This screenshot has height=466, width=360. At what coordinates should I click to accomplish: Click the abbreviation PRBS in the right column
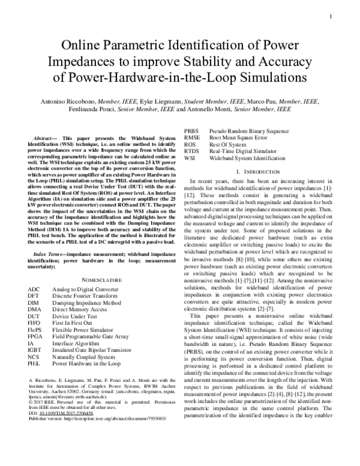191,130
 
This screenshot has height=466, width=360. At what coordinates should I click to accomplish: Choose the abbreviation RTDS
191,152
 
